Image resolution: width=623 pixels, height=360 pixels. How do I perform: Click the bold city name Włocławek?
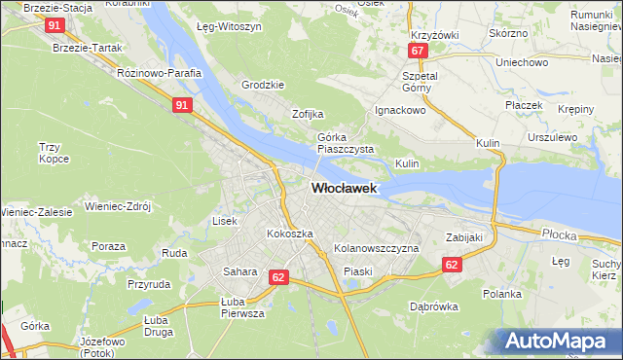point(345,189)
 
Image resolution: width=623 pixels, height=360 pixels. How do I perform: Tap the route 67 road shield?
point(418,51)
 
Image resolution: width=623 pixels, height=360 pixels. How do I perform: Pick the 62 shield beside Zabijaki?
point(450,264)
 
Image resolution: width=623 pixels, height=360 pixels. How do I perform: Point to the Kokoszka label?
point(290,234)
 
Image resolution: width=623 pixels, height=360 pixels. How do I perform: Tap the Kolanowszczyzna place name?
point(376,249)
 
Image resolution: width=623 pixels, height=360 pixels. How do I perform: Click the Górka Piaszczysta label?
point(346,144)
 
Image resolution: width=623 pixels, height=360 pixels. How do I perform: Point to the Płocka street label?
point(560,234)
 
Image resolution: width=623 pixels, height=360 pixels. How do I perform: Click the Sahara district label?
point(239,271)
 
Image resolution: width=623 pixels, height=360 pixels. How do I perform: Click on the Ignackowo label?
point(402,111)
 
